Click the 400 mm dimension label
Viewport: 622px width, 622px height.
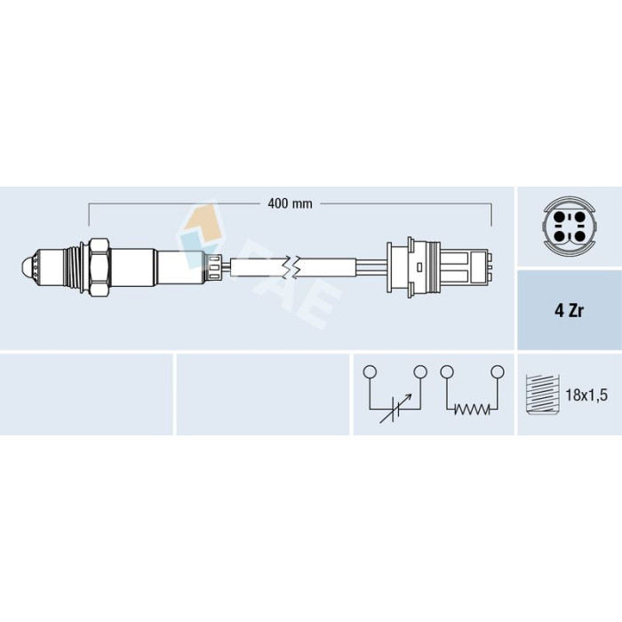pyautogui.click(x=290, y=203)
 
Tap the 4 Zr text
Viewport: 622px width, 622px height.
pyautogui.click(x=569, y=311)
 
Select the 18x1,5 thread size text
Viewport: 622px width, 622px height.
pyautogui.click(x=586, y=395)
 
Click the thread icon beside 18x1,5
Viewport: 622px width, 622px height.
pyautogui.click(x=542, y=395)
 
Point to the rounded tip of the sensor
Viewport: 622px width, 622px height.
pyautogui.click(x=26, y=267)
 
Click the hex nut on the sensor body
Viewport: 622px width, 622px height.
pyautogui.click(x=100, y=267)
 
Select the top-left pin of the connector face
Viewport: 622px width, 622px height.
pyautogui.click(x=559, y=218)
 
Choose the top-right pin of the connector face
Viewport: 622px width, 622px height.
pyautogui.click(x=580, y=218)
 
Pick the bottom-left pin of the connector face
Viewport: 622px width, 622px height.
pyautogui.click(x=559, y=237)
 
